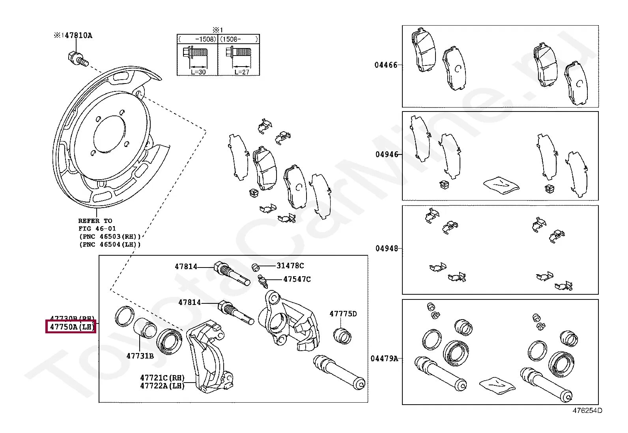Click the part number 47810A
pos(78,35)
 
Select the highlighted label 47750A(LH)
pos(71,327)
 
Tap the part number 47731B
pos(140,356)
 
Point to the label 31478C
pos(290,266)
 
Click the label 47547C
pos(297,279)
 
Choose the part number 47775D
pos(343,314)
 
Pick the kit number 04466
pos(386,65)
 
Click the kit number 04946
pos(387,154)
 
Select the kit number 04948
pos(387,248)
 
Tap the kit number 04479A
pos(384,359)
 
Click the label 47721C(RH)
pos(162,378)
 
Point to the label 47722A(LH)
pos(162,386)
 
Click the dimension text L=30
pos(198,72)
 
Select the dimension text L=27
pos(241,72)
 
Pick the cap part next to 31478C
pos(256,268)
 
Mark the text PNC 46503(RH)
pos(110,237)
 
